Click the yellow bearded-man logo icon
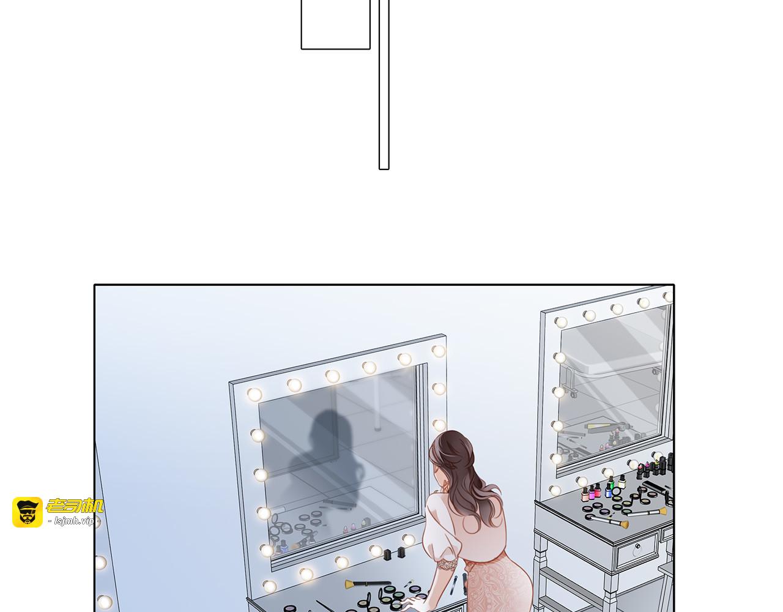[x=28, y=512]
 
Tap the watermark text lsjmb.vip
[x=74, y=521]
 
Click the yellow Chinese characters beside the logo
[x=75, y=506]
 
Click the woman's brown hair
[x=465, y=476]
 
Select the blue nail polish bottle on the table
[x=609, y=491]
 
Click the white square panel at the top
[x=335, y=24]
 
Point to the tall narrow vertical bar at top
[x=384, y=84]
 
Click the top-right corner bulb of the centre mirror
[x=439, y=351]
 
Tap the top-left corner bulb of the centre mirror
[x=254, y=394]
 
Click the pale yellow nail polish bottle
[x=622, y=482]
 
